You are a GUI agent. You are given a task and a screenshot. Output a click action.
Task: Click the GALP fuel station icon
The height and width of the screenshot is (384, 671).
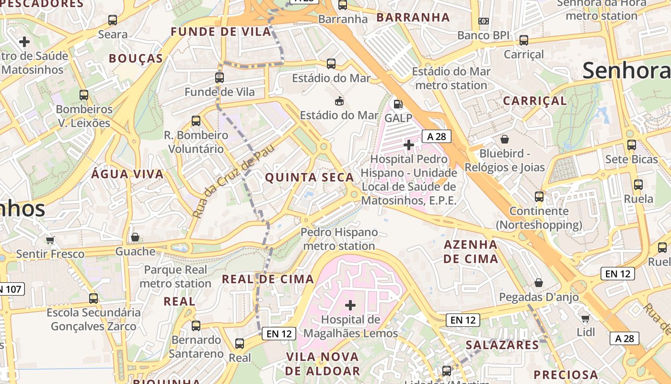coord(397,104)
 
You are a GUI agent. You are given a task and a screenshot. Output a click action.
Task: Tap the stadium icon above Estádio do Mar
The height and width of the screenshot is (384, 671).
coord(339,101)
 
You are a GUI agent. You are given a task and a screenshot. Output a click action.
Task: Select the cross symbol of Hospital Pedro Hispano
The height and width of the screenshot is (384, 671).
coord(409,144)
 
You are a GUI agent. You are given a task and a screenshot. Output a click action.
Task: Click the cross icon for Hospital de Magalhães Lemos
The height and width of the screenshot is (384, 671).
coord(350,305)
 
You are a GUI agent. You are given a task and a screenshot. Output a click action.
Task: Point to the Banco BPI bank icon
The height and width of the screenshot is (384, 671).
coord(483,21)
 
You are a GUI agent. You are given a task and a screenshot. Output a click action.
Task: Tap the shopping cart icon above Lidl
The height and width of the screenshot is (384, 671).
coord(585,318)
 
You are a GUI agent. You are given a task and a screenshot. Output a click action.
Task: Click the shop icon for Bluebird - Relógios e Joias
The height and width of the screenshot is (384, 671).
coord(504,139)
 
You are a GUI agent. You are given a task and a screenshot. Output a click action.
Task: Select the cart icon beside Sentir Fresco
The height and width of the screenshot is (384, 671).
coord(50,240)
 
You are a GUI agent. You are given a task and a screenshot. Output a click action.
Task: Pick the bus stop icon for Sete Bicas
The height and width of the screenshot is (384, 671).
coord(631,145)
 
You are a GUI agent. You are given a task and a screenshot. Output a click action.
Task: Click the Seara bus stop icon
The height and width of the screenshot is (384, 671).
coord(113,20)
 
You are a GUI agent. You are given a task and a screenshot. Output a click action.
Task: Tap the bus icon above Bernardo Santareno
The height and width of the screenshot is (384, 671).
coord(196,326)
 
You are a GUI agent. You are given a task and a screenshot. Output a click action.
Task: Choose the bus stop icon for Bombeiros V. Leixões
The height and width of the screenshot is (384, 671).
coord(84,95)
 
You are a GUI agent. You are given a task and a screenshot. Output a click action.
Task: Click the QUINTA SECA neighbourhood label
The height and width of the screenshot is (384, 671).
coord(309,178)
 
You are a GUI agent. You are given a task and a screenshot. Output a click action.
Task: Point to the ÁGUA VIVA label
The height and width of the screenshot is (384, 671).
coord(127,174)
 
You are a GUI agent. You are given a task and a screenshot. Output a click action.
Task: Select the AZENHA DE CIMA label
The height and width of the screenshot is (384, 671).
coord(470,252)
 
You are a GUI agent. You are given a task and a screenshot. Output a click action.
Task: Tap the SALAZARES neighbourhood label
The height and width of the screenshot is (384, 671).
coord(502,345)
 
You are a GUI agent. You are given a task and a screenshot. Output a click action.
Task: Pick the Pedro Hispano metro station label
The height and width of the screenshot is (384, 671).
coord(339,239)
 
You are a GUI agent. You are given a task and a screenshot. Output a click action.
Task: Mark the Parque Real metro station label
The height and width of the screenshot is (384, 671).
coord(175,276)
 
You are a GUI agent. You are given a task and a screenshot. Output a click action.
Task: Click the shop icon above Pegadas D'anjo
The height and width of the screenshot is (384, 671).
coord(539,283)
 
